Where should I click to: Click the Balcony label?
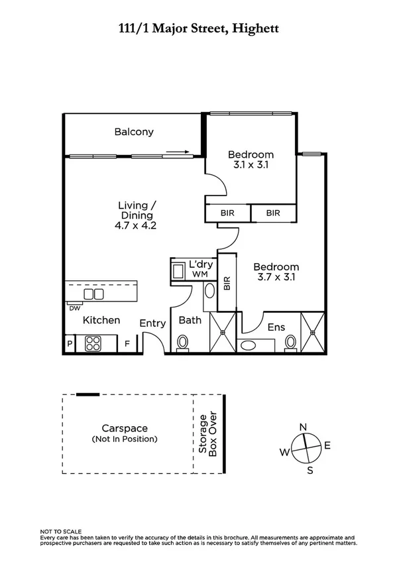pyautogui.click(x=134, y=131)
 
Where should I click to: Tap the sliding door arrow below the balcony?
pyautogui.click(x=178, y=152)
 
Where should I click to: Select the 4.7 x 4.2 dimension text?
pyautogui.click(x=136, y=225)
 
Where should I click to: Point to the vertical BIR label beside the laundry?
pyautogui.click(x=226, y=284)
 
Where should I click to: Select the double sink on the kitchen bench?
pyautogui.click(x=93, y=294)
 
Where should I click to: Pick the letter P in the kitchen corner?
pyautogui.click(x=70, y=344)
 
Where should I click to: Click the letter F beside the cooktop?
pyautogui.click(x=127, y=344)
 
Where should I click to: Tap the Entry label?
pyautogui.click(x=152, y=323)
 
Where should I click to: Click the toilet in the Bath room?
pyautogui.click(x=183, y=343)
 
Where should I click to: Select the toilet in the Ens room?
pyautogui.click(x=290, y=342)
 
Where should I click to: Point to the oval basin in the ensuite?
pyautogui.click(x=251, y=345)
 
